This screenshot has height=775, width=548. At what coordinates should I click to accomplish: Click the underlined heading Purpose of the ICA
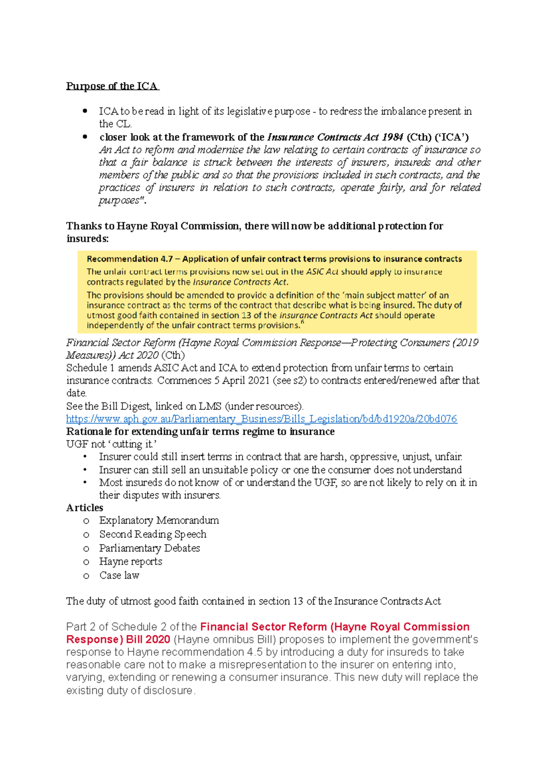112,86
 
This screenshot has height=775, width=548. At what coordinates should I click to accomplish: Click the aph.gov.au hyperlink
261,419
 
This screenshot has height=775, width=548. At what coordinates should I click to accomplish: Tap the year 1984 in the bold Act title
392,137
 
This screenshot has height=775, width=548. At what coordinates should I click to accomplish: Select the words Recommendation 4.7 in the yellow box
129,259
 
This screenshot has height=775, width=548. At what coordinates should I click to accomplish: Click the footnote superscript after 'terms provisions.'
302,323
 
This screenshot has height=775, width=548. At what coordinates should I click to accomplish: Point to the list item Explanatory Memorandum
159,521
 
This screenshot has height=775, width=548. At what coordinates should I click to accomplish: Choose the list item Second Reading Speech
153,534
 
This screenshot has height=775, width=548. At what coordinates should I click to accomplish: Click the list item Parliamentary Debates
149,548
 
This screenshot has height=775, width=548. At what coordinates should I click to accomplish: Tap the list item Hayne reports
131,562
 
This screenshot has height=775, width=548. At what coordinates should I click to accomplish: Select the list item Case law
119,576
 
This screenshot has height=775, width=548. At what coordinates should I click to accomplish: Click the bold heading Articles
84,508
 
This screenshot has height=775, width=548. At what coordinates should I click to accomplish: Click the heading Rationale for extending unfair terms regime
200,432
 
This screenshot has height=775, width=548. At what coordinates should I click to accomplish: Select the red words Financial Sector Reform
263,627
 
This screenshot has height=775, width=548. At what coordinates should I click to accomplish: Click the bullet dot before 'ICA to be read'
84,111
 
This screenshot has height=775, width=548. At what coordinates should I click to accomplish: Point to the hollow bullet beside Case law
86,576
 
